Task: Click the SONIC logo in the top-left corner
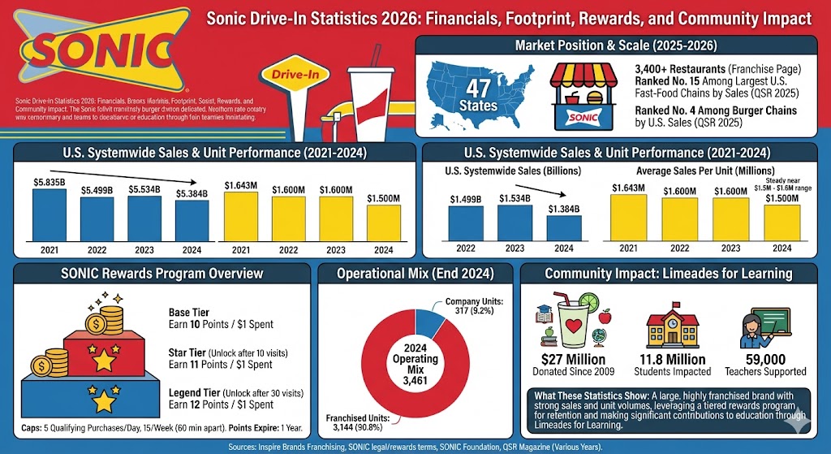96,52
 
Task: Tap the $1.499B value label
464,198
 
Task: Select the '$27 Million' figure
573,358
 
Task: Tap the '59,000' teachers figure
762,358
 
